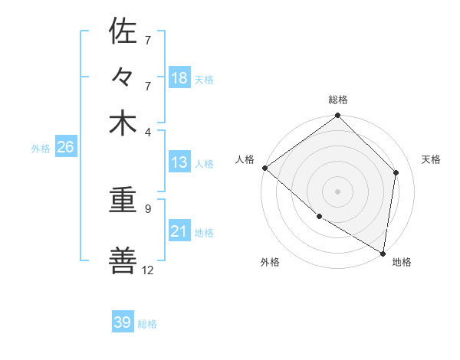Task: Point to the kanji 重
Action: click(x=123, y=205)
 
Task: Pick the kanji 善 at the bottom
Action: click(x=123, y=262)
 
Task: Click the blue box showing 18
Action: click(x=179, y=78)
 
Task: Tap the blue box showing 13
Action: click(x=179, y=162)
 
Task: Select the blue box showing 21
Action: click(x=179, y=231)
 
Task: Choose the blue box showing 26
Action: click(x=65, y=147)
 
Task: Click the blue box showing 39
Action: click(x=123, y=322)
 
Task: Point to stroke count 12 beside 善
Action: click(x=148, y=270)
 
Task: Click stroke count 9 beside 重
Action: click(x=148, y=207)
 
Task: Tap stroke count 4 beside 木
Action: click(x=148, y=131)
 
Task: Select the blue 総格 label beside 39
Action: click(x=147, y=324)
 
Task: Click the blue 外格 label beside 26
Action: click(x=41, y=149)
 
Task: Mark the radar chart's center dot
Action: click(x=338, y=191)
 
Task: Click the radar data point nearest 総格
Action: click(x=338, y=116)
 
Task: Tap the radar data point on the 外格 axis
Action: click(x=319, y=217)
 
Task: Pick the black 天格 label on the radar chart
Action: click(x=431, y=159)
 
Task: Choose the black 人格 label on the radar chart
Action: click(x=245, y=159)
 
